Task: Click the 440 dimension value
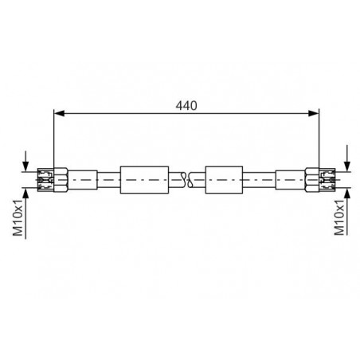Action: point(186,106)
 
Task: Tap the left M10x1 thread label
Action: point(18,217)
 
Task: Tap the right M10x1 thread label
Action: point(339,217)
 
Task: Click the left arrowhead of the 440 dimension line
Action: point(59,113)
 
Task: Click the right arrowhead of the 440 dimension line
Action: point(314,113)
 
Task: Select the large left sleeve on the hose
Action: point(144,180)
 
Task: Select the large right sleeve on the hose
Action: point(224,180)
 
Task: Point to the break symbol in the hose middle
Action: point(187,180)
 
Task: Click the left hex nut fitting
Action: point(61,180)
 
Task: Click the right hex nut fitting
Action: point(312,180)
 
